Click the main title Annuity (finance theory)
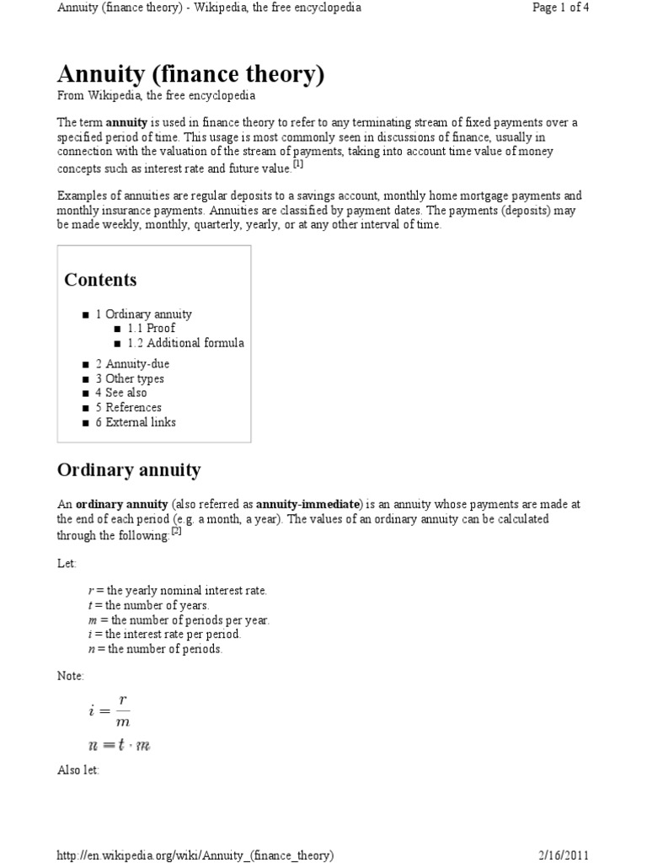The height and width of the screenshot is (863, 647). coord(190,74)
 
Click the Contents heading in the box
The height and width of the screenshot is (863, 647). coord(100,280)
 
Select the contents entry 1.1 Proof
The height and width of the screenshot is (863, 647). coord(151,328)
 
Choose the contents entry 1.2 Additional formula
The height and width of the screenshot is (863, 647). coord(185,343)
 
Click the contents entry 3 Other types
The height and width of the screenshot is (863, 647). coord(130,378)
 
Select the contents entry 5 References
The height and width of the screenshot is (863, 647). coord(128,407)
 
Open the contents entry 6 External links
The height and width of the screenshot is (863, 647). coord(136,422)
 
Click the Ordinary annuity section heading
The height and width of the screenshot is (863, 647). coord(128,469)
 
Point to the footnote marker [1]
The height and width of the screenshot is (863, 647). coord(297,164)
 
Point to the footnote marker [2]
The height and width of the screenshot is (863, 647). coord(176,531)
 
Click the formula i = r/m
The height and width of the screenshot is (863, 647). coord(110,710)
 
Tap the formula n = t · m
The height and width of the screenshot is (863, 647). coord(119,745)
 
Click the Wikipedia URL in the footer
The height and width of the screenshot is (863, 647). coord(195,855)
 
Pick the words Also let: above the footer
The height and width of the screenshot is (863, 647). coord(78,770)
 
